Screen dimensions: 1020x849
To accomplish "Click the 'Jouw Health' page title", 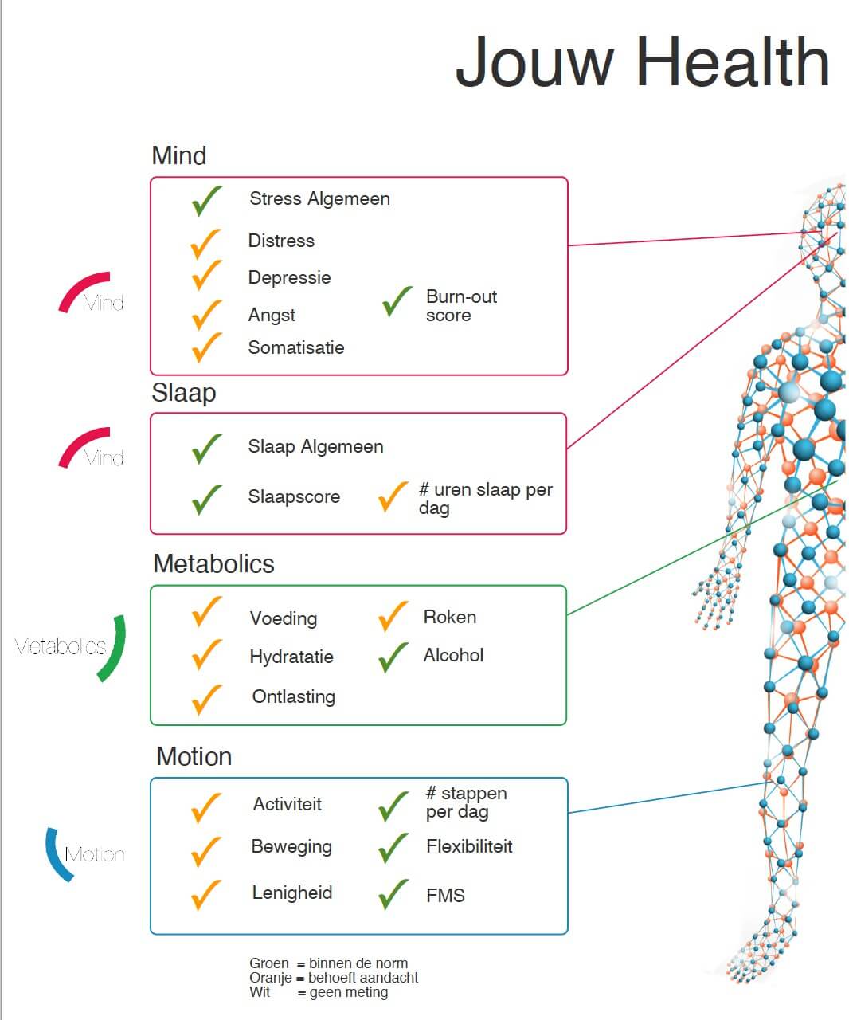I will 642,62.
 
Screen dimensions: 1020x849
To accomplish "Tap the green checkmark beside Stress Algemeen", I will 206,201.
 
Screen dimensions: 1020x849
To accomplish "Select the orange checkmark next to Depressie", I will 205,275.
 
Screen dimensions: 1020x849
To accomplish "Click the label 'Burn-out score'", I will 460,306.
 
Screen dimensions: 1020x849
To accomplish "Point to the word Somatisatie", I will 296,347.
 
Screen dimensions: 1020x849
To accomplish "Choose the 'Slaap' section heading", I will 184,393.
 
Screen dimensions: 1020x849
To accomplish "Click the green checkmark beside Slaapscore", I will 206,499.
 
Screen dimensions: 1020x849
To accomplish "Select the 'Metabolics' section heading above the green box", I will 213,563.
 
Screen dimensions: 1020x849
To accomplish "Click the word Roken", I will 450,617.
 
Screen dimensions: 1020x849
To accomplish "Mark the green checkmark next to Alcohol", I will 393,657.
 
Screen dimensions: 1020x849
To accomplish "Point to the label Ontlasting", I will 294,696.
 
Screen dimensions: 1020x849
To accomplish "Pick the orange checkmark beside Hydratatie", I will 206,655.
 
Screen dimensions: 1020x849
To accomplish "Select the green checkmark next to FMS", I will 393,894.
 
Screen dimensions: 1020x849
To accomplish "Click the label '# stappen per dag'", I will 466,802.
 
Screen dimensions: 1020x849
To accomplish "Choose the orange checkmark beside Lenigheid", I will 206,894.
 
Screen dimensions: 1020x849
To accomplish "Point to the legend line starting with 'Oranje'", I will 334,978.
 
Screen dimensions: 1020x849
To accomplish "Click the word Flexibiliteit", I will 469,846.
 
